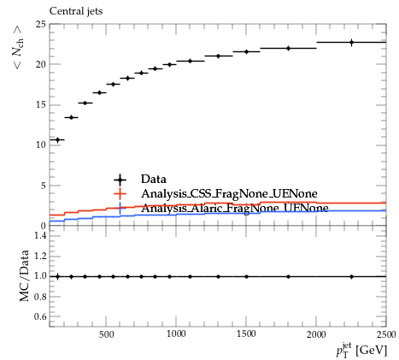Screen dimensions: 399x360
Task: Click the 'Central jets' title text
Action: (76, 11)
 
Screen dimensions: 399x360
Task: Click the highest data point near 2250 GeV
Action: (351, 43)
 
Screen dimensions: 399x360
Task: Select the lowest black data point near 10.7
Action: (58, 140)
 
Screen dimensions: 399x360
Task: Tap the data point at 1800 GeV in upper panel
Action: (288, 48)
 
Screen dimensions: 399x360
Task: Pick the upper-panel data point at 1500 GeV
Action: (246, 52)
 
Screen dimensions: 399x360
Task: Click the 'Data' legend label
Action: (154, 179)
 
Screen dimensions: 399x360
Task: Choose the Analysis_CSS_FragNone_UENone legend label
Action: (229, 194)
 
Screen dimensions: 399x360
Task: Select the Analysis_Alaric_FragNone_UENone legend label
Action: (235, 208)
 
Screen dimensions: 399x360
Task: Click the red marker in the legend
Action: (120, 194)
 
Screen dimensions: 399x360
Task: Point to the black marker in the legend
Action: (120, 180)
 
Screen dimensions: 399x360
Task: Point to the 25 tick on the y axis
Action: (41, 24)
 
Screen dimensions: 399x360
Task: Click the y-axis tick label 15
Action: (41, 105)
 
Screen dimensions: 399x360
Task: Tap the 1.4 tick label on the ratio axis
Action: (40, 235)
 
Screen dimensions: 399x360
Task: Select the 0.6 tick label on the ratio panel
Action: (40, 316)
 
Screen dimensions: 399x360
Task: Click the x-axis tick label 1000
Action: (176, 334)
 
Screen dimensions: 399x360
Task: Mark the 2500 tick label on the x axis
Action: (386, 334)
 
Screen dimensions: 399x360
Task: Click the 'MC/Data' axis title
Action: (25, 275)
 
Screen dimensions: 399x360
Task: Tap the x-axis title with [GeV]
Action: (361, 350)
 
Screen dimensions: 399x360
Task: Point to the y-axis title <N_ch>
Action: (17, 47)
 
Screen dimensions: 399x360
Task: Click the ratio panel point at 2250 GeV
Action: (351, 276)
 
